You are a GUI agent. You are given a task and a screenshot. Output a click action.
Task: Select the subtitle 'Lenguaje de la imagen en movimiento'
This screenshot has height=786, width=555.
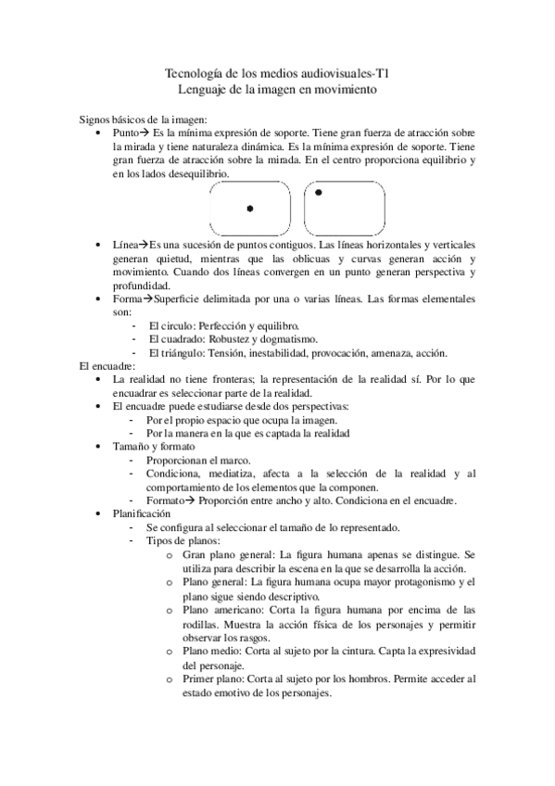point(277,89)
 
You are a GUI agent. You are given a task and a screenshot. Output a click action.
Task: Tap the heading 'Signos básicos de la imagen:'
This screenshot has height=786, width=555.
point(143,120)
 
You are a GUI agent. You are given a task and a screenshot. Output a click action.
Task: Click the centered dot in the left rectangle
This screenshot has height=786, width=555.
point(250,209)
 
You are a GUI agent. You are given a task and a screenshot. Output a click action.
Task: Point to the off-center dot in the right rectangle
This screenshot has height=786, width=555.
point(319,193)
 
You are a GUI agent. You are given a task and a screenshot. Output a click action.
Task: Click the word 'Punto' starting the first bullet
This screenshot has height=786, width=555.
point(126,133)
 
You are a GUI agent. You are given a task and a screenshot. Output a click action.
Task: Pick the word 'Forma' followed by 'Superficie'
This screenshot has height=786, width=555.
point(127,299)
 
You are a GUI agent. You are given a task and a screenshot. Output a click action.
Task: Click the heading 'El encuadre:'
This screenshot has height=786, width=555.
point(107,367)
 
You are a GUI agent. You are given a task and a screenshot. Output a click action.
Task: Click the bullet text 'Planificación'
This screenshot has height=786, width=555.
point(142,513)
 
